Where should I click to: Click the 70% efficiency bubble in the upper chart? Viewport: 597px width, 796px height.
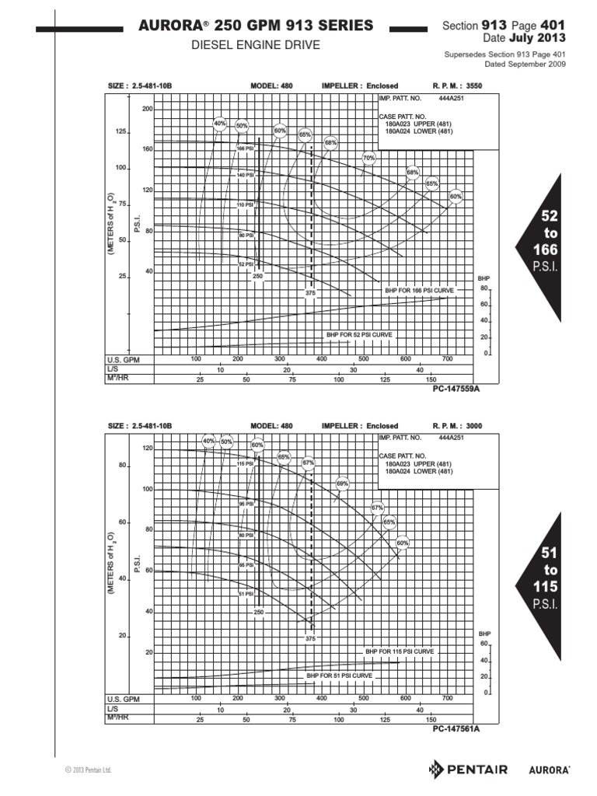point(369,158)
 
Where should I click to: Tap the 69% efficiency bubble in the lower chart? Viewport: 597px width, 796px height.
point(343,483)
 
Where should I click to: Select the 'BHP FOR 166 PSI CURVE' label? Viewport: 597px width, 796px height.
point(419,290)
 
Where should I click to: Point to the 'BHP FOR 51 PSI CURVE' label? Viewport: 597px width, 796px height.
point(340,676)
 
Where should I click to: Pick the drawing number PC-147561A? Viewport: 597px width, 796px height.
point(456,729)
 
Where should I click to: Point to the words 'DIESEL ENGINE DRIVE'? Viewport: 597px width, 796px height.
point(256,45)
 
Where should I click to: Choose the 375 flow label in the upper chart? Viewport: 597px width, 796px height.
point(310,293)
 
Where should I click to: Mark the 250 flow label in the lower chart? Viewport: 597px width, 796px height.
point(258,613)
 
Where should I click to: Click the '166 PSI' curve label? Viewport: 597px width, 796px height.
point(245,148)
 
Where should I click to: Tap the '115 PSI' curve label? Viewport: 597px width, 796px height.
point(246,463)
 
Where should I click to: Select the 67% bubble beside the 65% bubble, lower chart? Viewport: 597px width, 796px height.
point(309,462)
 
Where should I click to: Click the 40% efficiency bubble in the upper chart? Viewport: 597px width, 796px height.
point(219,123)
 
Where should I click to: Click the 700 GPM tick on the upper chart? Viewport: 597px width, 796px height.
point(447,358)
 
